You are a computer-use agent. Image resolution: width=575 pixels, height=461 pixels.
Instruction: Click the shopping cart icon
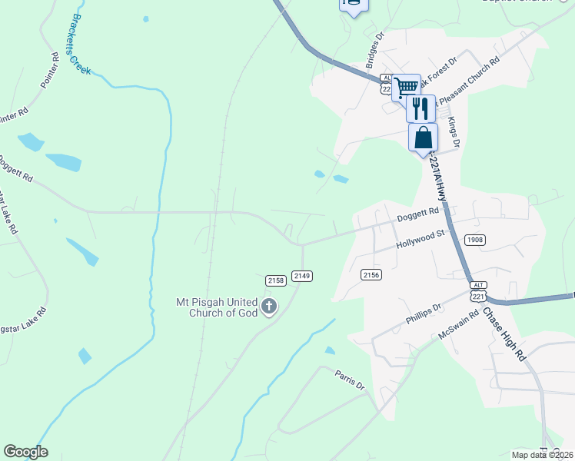tap(406, 87)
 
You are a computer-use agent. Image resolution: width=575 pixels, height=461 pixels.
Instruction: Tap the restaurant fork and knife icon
tap(420, 108)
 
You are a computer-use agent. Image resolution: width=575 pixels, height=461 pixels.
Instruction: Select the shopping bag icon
tap(423, 138)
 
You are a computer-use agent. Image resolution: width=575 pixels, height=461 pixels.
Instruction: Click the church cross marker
tap(269, 307)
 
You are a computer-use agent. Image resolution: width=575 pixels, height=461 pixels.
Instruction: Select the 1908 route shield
tap(475, 240)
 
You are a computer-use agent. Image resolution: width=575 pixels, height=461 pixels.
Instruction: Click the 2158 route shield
tap(276, 280)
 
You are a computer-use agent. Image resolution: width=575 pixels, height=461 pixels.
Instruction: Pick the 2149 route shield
tap(301, 276)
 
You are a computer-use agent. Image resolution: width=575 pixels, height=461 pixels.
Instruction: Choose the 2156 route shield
tap(372, 274)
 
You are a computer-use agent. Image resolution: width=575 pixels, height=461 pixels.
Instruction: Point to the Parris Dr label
tap(349, 380)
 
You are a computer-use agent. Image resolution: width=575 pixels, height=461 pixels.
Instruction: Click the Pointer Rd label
tap(49, 71)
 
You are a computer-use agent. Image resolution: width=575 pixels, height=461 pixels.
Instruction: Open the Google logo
tap(25, 452)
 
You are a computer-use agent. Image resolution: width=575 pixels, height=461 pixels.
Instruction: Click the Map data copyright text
tap(542, 454)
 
